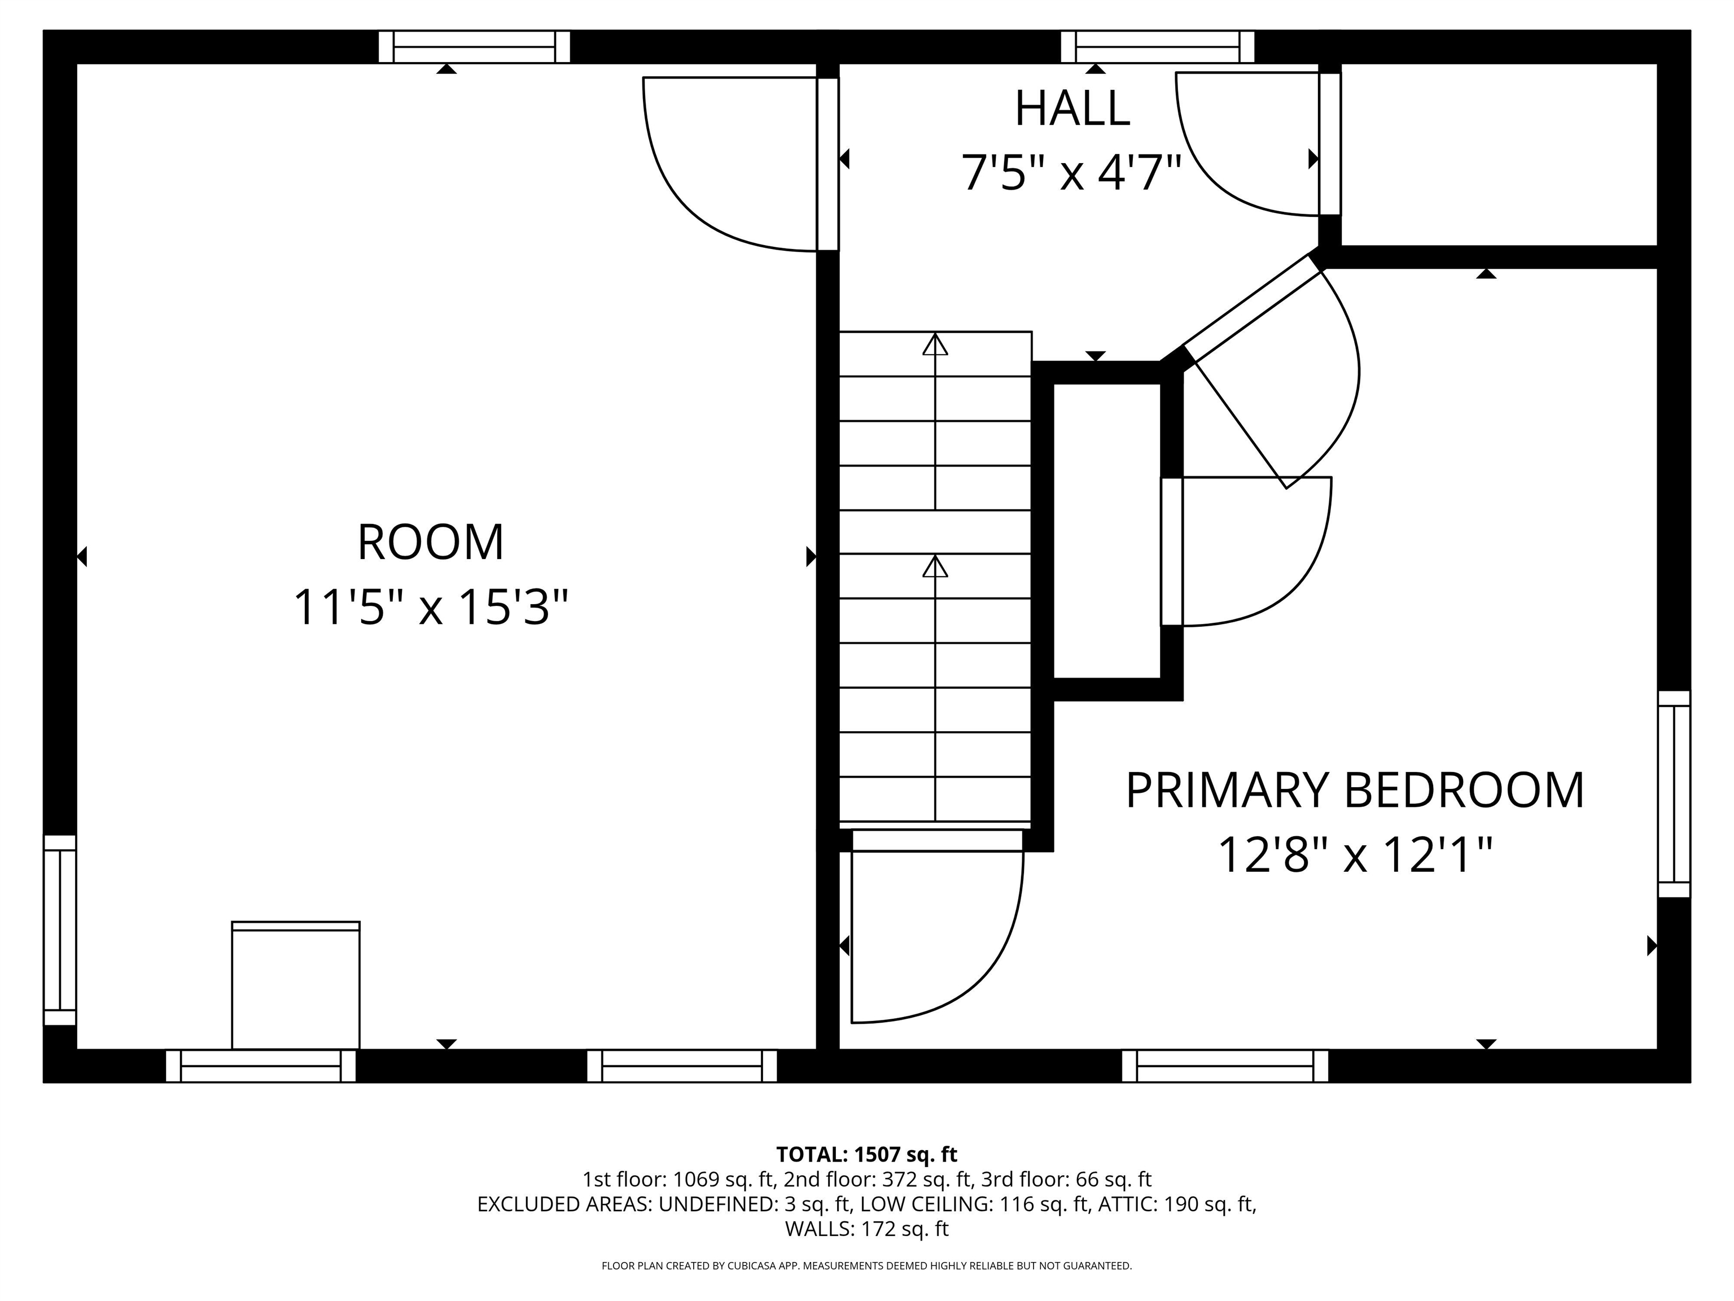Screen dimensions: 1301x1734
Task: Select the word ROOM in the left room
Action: tap(430, 542)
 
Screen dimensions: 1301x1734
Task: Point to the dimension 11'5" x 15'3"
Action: tap(430, 607)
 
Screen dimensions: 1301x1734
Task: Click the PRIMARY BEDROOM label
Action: tap(1355, 791)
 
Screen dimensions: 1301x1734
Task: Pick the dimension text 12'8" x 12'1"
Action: tap(1355, 855)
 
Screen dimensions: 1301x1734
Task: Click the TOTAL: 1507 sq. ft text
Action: tap(866, 1154)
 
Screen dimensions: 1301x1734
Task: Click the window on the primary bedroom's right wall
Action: tap(1674, 793)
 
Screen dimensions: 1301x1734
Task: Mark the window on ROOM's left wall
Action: tap(60, 930)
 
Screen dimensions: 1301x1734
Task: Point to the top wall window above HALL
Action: tap(1157, 47)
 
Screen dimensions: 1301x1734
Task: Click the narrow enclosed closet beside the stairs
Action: tap(1106, 530)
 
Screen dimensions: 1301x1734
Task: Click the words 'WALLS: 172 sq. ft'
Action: tap(866, 1229)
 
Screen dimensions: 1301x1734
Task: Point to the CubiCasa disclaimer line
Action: tap(866, 1266)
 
